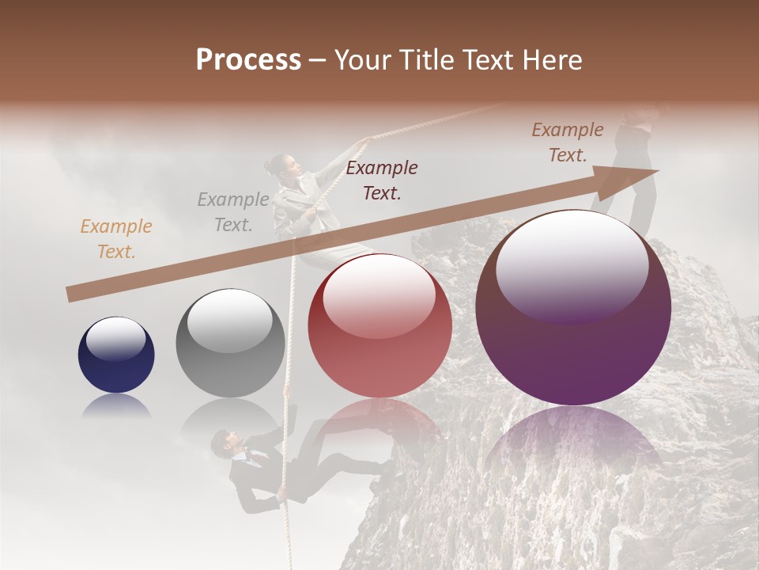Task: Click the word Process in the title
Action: coord(248,60)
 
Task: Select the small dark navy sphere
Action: coord(116,355)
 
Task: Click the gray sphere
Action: coord(230,343)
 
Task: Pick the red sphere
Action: coord(379,325)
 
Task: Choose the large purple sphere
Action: coord(573,308)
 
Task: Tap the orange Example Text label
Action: coord(115,239)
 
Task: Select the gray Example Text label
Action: coord(232,212)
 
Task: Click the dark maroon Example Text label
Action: coord(382,180)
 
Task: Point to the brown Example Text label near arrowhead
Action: coord(567,142)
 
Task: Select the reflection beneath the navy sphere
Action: coord(116,405)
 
